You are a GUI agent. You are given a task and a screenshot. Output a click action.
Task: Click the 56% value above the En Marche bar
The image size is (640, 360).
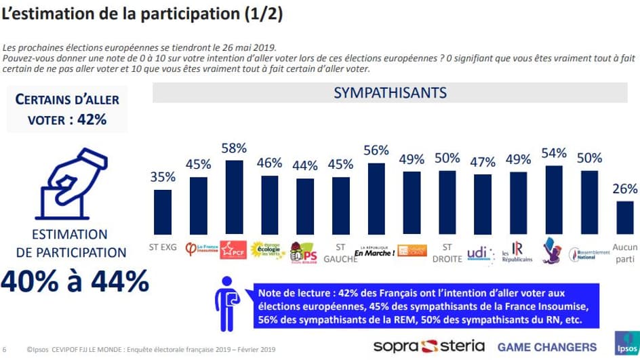(377, 151)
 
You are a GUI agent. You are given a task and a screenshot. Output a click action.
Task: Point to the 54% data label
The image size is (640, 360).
(554, 153)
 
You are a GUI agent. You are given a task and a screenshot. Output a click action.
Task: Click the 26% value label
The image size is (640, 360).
(624, 189)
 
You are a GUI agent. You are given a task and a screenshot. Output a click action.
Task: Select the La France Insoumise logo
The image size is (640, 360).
(199, 250)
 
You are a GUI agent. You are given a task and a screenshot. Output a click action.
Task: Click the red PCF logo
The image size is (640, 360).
(234, 249)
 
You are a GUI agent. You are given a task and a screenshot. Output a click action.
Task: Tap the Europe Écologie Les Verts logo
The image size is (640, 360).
(269, 249)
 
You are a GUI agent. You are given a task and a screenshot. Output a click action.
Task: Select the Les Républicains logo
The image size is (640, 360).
(517, 252)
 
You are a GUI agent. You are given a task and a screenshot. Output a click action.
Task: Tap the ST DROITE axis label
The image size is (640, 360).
(447, 253)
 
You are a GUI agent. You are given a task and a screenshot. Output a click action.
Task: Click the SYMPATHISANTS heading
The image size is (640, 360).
(390, 93)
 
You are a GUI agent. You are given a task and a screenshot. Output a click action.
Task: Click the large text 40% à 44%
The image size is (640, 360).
(75, 280)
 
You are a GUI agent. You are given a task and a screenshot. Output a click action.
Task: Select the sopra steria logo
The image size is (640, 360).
(428, 346)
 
